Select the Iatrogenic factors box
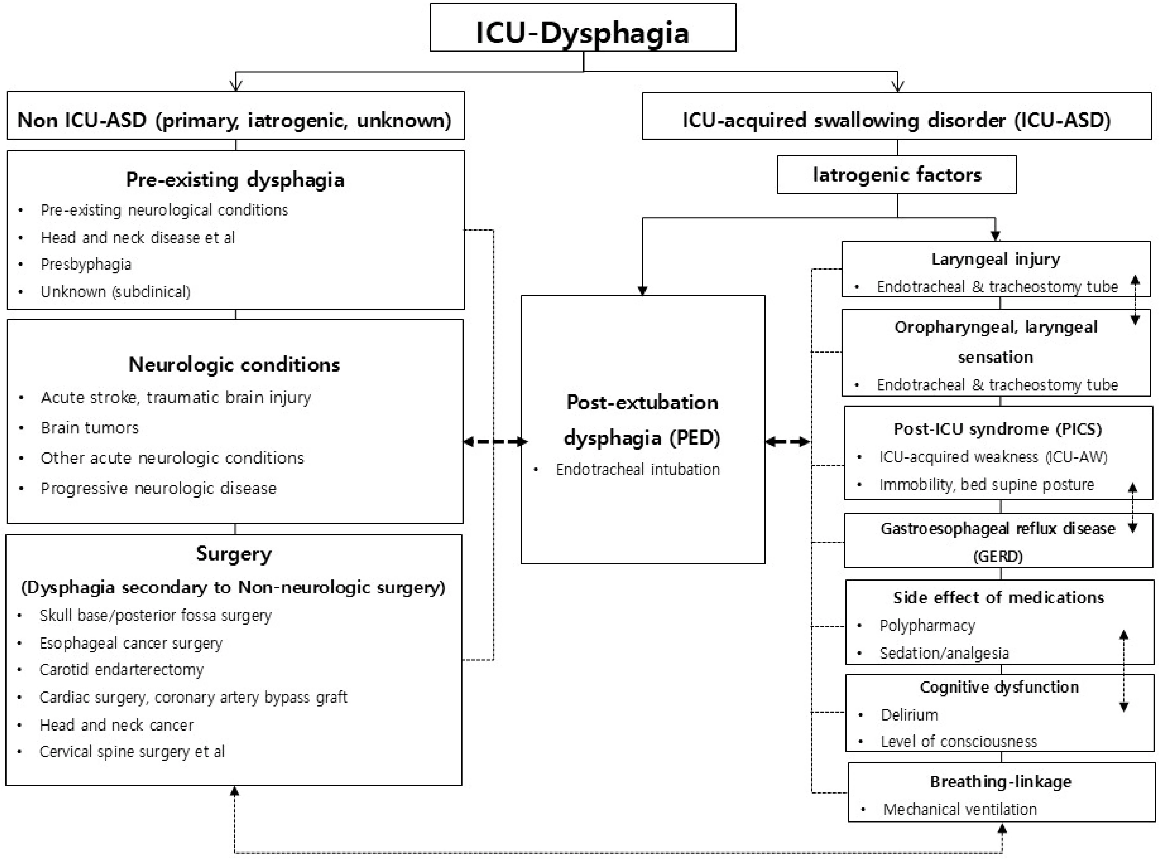[x=897, y=175]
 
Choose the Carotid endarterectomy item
[x=121, y=670]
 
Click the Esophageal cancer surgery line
[x=131, y=643]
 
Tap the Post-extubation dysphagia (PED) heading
[x=642, y=420]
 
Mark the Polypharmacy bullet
[x=927, y=625]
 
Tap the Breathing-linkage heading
[x=1001, y=782]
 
